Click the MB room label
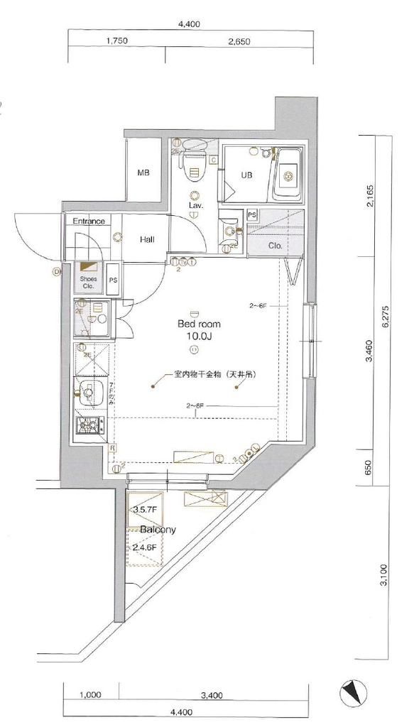click(x=143, y=173)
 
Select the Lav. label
click(x=195, y=205)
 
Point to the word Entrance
click(x=89, y=222)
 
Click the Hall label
click(x=147, y=240)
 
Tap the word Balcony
click(x=158, y=530)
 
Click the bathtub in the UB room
click(x=288, y=174)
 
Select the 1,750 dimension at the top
click(x=116, y=41)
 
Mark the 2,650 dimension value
click(x=239, y=41)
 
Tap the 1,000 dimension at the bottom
click(x=90, y=695)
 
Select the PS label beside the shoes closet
click(x=113, y=280)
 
